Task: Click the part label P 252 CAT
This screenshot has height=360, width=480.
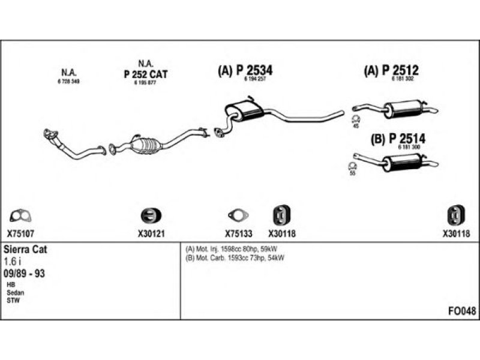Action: [x=145, y=74]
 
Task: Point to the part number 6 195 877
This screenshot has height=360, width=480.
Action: [x=145, y=82]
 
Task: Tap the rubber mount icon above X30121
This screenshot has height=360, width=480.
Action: [x=148, y=215]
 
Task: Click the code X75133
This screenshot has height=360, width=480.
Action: [x=236, y=235]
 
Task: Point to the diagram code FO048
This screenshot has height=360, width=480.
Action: [x=462, y=311]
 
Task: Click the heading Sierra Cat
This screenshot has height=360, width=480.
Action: [x=26, y=249]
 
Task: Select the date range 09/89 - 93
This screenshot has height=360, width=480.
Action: [x=25, y=274]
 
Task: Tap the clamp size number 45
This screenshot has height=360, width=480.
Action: [x=355, y=126]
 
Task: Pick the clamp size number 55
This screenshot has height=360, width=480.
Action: [x=352, y=173]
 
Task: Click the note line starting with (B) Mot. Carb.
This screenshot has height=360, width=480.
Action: [x=235, y=258]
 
